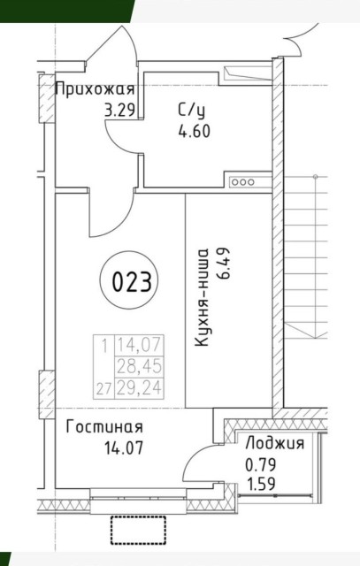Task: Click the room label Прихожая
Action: coord(95,89)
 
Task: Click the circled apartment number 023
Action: coord(131,284)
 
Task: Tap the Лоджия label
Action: coord(275,444)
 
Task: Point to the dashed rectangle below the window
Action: coord(139,531)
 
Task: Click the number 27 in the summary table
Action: coord(104,386)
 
